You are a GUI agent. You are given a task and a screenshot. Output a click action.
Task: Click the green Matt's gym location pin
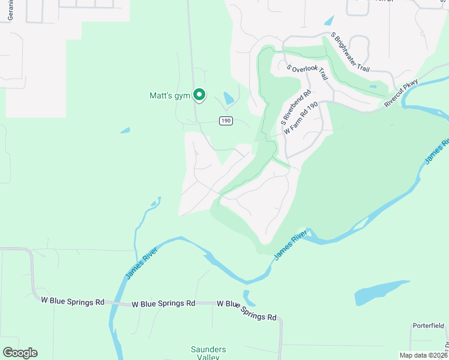coord(199,95)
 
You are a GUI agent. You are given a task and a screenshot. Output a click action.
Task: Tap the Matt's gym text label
coord(169,95)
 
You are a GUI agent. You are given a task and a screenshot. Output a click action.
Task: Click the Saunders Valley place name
coord(209,353)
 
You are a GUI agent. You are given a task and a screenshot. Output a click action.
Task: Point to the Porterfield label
coord(428,326)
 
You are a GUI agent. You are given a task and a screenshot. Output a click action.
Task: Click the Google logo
coord(20,353)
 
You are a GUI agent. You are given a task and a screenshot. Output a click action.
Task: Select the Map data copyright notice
coord(423,355)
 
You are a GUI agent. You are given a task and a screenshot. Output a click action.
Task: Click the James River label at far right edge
coord(436,151)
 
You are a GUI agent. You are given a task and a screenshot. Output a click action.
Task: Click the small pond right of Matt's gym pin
coord(229,97)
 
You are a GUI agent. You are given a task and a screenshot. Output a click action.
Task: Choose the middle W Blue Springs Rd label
coord(163,304)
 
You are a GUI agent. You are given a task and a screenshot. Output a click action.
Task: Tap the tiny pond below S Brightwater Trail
coord(373,87)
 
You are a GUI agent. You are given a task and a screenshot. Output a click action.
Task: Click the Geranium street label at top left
coord(10,10)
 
